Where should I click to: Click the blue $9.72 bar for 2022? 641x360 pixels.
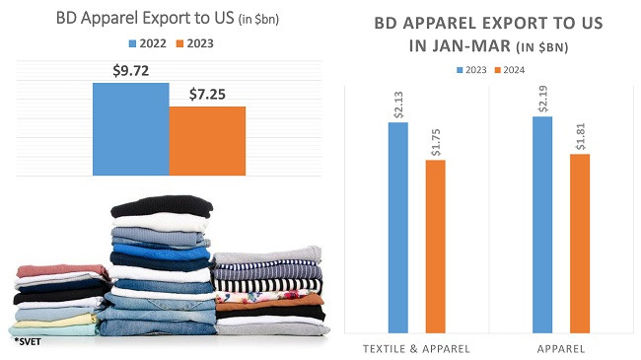[130, 128]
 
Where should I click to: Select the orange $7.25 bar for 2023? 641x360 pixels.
[207, 140]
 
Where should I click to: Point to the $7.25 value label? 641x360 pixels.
[208, 95]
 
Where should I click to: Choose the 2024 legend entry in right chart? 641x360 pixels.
[512, 69]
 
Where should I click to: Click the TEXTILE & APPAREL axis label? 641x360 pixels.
[416, 348]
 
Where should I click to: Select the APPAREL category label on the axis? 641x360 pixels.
[560, 348]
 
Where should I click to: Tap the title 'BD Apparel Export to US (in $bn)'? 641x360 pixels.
[169, 17]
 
